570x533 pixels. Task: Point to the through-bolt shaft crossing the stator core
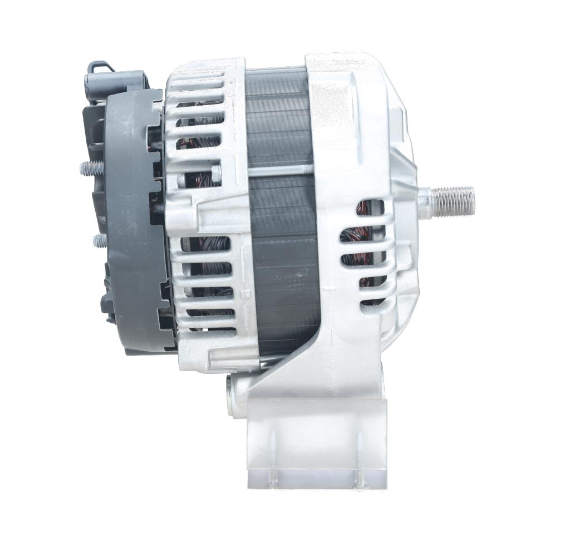coord(278,170)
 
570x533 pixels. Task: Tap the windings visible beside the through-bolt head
coord(198,178)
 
